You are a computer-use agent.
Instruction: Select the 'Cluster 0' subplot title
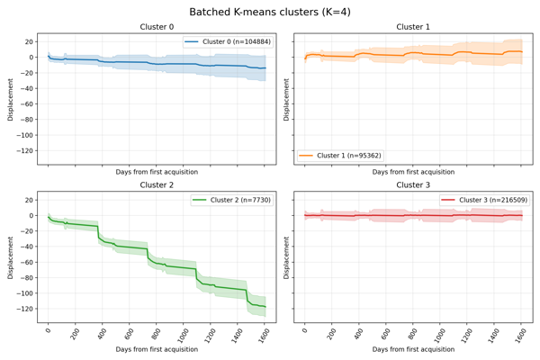157,27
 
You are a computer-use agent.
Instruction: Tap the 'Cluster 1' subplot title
414,27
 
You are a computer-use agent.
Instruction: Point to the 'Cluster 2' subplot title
157,184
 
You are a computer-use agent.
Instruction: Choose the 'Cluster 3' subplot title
414,184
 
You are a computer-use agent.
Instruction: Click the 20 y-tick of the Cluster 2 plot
28,200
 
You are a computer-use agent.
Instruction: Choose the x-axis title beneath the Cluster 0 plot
157,171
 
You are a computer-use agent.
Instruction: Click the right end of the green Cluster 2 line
265,307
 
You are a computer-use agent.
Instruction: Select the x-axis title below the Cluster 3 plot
414,348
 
